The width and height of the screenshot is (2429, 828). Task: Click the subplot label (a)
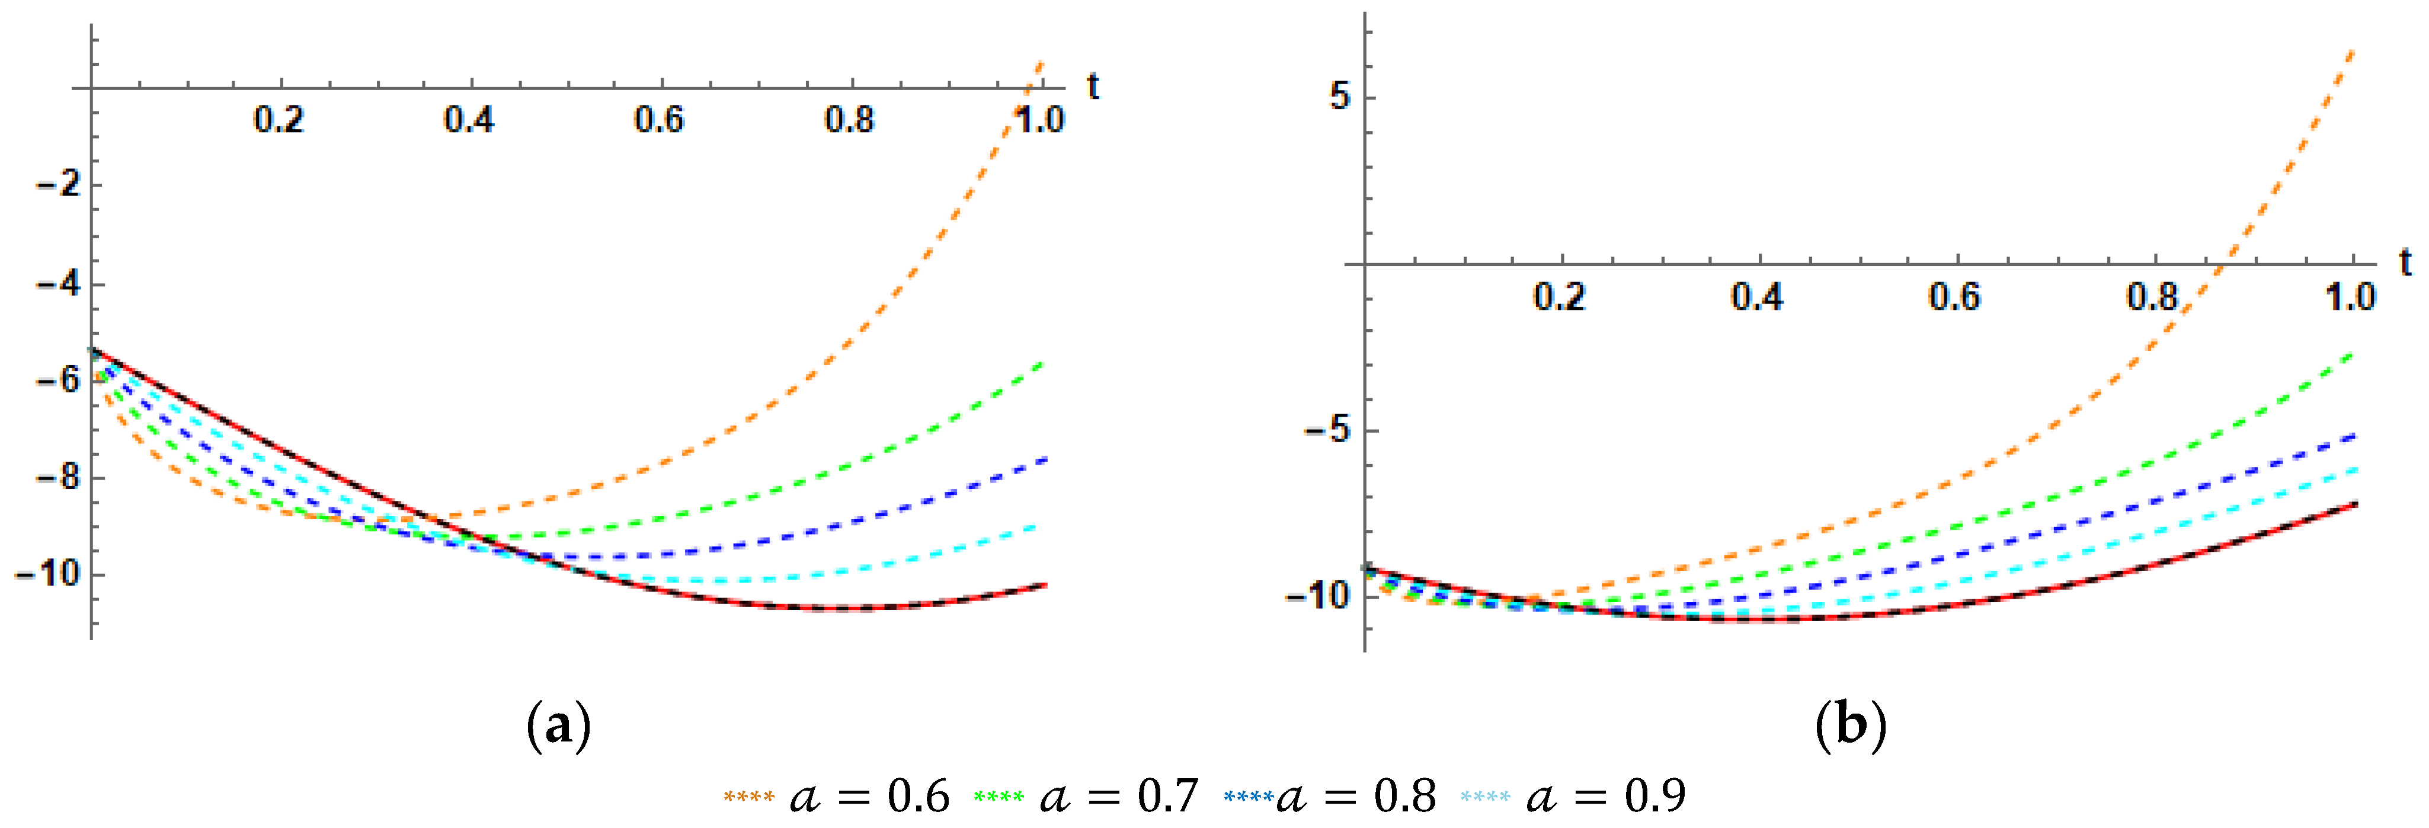coord(558,726)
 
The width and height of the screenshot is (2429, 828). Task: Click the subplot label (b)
coord(1850,726)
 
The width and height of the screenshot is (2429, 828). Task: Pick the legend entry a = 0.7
coord(1086,797)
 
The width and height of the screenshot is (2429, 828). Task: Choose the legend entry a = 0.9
coord(1573,797)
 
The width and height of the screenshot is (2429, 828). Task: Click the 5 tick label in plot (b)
coord(1339,96)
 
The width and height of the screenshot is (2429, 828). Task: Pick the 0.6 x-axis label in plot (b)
coord(1955,297)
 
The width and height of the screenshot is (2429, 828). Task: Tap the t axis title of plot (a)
coord(1093,87)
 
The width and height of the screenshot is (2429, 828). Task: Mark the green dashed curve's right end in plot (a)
coord(1043,363)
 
